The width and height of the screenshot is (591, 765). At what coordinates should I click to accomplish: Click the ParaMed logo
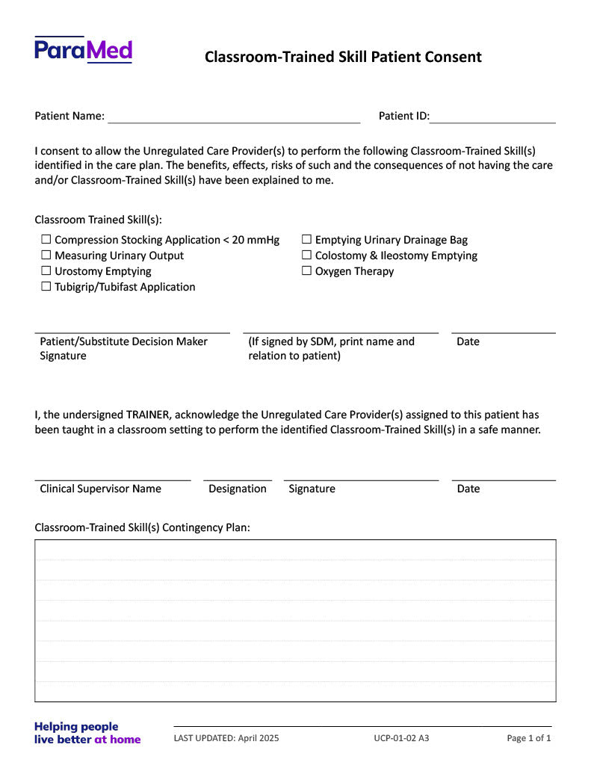[83, 50]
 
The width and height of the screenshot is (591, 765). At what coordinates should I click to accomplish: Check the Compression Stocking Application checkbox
[46, 240]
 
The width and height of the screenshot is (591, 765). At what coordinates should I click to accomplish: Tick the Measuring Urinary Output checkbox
[46, 255]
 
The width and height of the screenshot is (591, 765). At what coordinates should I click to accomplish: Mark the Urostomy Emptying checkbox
[46, 271]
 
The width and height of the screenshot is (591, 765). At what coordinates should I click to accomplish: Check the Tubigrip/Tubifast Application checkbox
[46, 287]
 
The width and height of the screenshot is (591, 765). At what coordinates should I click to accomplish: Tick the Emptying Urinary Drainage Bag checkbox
[306, 240]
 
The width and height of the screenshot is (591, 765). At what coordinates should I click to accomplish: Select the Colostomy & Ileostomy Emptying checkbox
[306, 255]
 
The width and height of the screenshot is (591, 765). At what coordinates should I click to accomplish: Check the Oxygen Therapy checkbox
[306, 271]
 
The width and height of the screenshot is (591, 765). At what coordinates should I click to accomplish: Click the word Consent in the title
[453, 57]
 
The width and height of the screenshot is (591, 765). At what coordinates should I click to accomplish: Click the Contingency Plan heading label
[142, 527]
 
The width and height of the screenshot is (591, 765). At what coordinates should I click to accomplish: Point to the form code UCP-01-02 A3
[401, 738]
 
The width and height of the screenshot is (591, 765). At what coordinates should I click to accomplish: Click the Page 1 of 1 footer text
[529, 738]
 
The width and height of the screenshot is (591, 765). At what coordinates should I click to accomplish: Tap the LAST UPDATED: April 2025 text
[226, 738]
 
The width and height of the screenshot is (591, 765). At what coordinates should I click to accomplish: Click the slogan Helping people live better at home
[87, 733]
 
